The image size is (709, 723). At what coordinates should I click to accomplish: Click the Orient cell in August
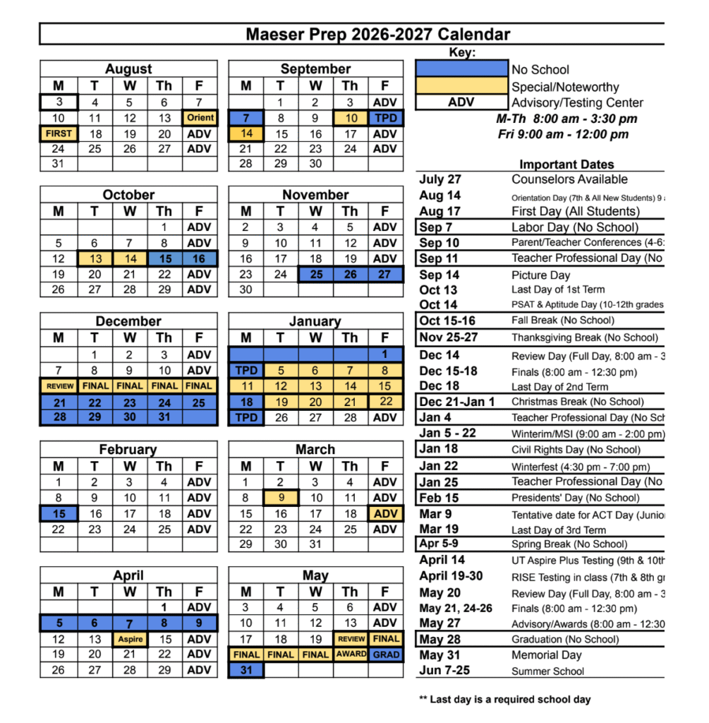pyautogui.click(x=200, y=117)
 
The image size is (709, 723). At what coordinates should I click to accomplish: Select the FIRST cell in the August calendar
pyautogui.click(x=59, y=133)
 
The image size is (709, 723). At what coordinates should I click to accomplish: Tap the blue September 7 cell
pyautogui.click(x=246, y=117)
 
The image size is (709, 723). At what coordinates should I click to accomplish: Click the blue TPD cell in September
pyautogui.click(x=385, y=117)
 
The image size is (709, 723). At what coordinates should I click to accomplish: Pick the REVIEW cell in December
pyautogui.click(x=59, y=386)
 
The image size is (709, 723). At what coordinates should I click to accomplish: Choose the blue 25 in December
pyautogui.click(x=199, y=402)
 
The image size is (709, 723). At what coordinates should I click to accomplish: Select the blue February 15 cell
pyautogui.click(x=59, y=514)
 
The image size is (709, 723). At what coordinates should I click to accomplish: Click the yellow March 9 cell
pyautogui.click(x=281, y=498)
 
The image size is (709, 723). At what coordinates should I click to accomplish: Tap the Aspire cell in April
pyautogui.click(x=131, y=639)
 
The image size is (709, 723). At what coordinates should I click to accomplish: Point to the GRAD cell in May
pyautogui.click(x=386, y=655)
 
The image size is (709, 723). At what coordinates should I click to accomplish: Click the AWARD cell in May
pyautogui.click(x=351, y=655)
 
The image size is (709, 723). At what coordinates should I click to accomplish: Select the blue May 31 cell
pyautogui.click(x=246, y=670)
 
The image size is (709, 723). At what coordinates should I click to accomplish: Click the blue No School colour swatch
pyautogui.click(x=461, y=68)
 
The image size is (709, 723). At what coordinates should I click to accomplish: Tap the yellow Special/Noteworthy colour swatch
pyautogui.click(x=461, y=86)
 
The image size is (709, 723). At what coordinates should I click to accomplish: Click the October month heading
pyautogui.click(x=128, y=195)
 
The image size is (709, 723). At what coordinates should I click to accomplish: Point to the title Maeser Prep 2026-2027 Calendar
pyautogui.click(x=377, y=34)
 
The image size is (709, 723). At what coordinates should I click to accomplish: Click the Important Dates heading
pyautogui.click(x=566, y=165)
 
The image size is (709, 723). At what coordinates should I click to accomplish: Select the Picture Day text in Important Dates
pyautogui.click(x=540, y=275)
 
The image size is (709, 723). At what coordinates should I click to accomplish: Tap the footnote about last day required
pyautogui.click(x=504, y=700)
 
